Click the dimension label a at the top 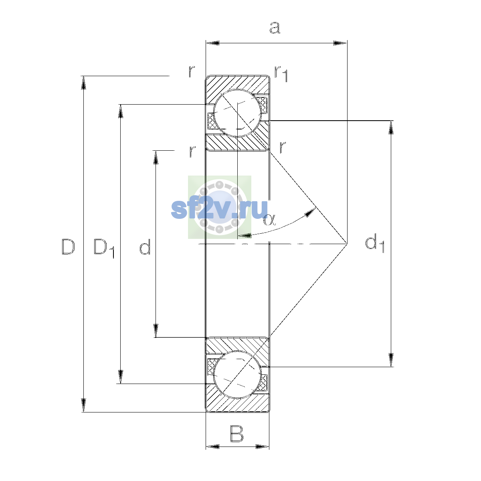[x=275, y=28]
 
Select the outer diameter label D [x=68, y=247]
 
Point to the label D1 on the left [x=104, y=248]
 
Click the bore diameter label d [x=145, y=247]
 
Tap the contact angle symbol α [x=270, y=220]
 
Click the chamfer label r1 [x=281, y=74]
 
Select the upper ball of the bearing [x=237, y=113]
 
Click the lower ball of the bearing [x=237, y=374]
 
